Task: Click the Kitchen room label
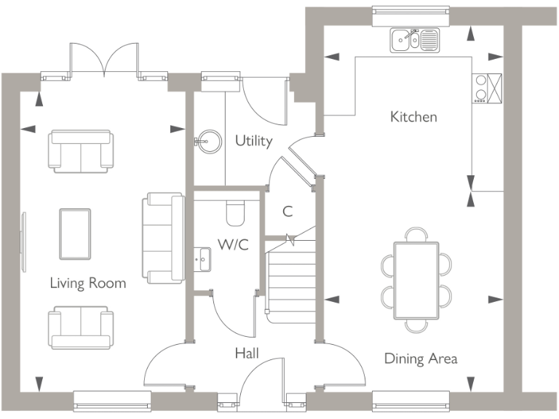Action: [413, 116]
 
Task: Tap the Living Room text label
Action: [87, 283]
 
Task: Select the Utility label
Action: [253, 140]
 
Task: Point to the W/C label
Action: [233, 244]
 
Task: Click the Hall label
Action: [247, 354]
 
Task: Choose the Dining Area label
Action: [421, 358]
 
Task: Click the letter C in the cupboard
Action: [288, 212]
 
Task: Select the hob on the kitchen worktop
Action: [481, 88]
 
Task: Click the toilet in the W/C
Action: [236, 212]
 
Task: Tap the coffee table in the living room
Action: [75, 234]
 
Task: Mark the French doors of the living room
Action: [105, 60]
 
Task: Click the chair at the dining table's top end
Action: [416, 234]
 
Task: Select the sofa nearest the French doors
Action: [80, 148]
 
